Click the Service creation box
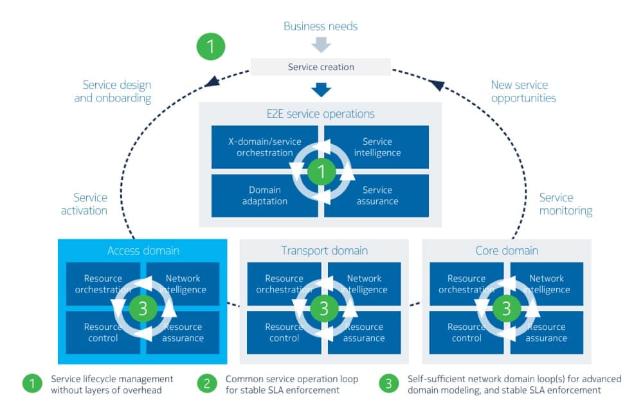point(321,67)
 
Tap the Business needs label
point(321,26)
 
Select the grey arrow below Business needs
point(321,45)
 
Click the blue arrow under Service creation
point(321,89)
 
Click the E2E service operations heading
point(321,114)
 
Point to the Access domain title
point(143,250)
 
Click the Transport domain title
point(324,250)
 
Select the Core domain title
point(507,250)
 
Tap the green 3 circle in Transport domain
point(324,309)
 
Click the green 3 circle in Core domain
point(507,309)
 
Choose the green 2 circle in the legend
point(206,384)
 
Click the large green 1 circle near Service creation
point(211,46)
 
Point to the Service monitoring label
point(565,204)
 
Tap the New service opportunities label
point(523,91)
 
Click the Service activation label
point(84,204)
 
